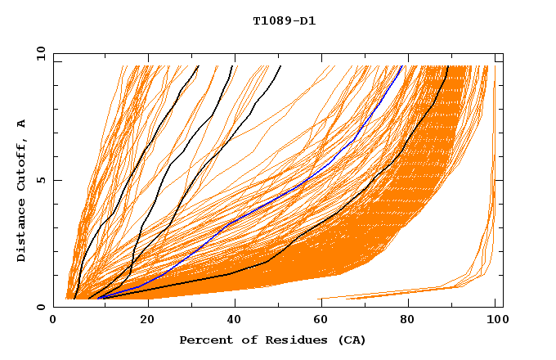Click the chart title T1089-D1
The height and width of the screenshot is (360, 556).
pyautogui.click(x=284, y=20)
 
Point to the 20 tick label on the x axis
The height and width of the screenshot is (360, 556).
pyautogui.click(x=142, y=319)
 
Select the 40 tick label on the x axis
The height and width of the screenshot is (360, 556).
pyautogui.click(x=231, y=319)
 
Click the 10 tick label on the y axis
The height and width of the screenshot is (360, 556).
pyautogui.click(x=38, y=53)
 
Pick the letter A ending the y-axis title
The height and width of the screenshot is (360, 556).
pyautogui.click(x=21, y=123)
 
